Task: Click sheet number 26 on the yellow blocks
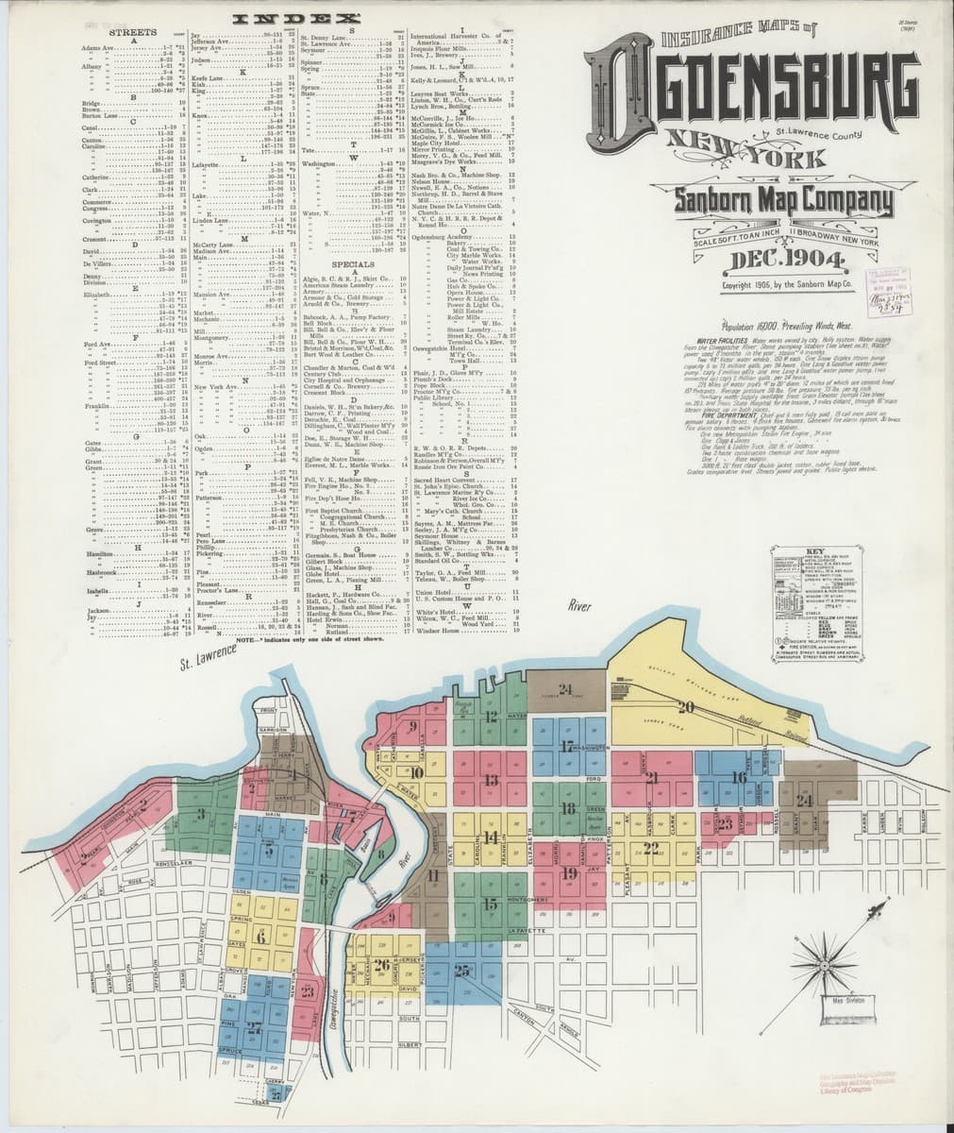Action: pos(381,964)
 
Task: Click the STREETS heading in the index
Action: pos(134,32)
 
